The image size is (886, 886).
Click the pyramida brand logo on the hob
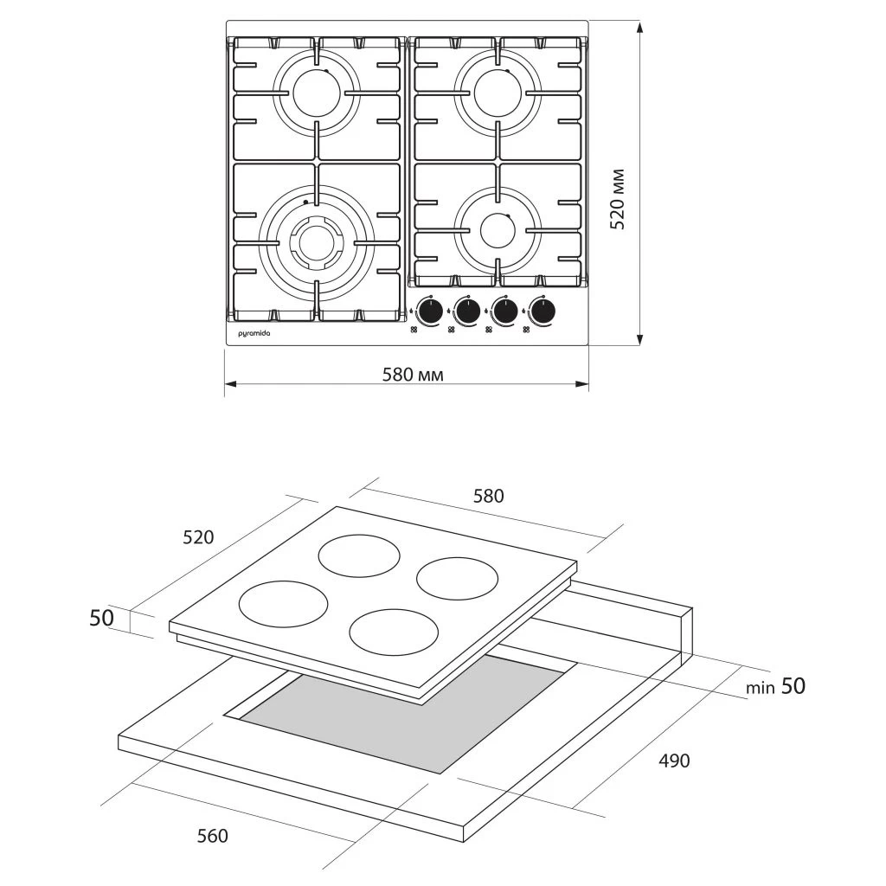254,333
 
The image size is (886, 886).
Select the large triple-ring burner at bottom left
317,241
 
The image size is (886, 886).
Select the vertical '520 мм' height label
617,200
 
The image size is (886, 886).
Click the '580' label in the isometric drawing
487,496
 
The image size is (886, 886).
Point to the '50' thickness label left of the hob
102,618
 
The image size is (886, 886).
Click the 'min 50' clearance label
777,686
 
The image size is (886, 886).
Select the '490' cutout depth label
675,761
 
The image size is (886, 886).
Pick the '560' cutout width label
213,836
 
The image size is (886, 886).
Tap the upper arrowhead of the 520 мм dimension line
639,28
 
